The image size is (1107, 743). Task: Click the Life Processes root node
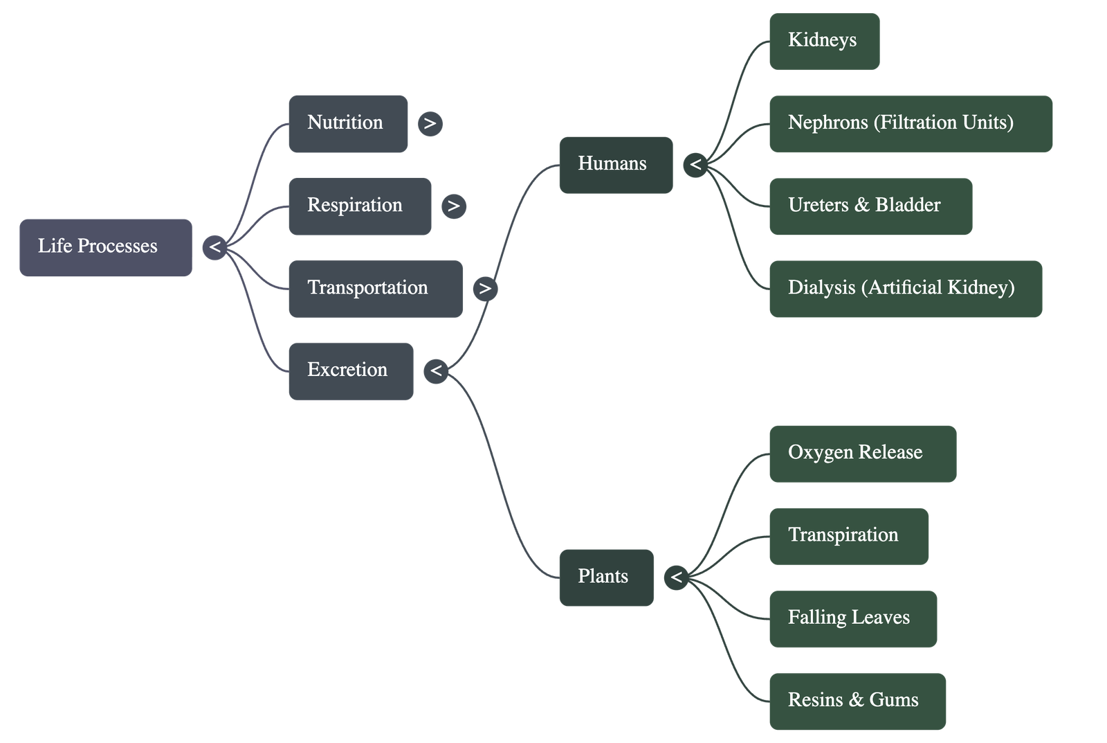pyautogui.click(x=105, y=247)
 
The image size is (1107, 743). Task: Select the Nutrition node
pyautogui.click(x=347, y=123)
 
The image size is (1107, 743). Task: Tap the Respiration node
pyautogui.click(x=360, y=206)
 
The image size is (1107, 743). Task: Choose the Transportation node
pyautogui.click(x=375, y=288)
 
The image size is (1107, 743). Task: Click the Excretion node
pyautogui.click(x=351, y=371)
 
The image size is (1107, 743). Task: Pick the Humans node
pyautogui.click(x=615, y=165)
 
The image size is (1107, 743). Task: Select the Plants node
pyautogui.click(x=605, y=577)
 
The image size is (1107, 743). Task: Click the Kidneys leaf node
pyautogui.click(x=823, y=41)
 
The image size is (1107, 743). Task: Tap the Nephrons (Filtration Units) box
pyautogui.click(x=910, y=123)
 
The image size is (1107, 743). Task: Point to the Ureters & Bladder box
pyautogui.click(x=870, y=206)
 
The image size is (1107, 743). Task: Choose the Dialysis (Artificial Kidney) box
pyautogui.click(x=905, y=288)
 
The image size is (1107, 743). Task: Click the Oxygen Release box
pyautogui.click(x=862, y=453)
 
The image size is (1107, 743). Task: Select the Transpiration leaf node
pyautogui.click(x=848, y=535)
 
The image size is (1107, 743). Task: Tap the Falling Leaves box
pyautogui.click(x=852, y=618)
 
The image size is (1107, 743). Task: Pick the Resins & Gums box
pyautogui.click(x=857, y=701)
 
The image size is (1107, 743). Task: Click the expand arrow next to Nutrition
pyautogui.click(x=430, y=123)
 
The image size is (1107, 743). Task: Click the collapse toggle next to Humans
pyautogui.click(x=695, y=165)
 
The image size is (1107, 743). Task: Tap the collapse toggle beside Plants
pyautogui.click(x=676, y=577)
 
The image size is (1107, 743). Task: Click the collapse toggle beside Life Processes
pyautogui.click(x=214, y=247)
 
